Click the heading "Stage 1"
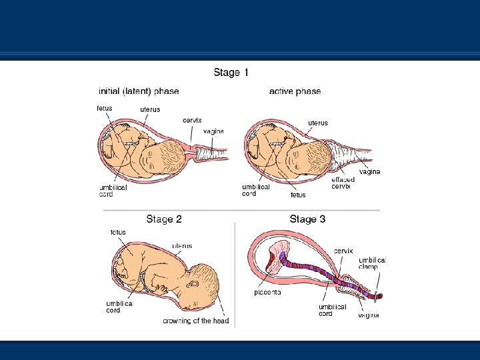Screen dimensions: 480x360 231,72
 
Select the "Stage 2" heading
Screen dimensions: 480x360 164,219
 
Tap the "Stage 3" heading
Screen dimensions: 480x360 307,219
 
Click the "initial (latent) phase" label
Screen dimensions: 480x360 139,91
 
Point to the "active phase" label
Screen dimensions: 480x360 295,91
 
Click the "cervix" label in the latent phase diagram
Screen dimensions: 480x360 192,120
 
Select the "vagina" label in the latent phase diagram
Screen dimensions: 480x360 213,131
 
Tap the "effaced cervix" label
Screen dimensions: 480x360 341,183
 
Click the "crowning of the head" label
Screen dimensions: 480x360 196,321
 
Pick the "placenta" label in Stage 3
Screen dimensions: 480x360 267,292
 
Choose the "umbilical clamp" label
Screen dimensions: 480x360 372,263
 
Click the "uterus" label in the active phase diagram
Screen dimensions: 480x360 317,122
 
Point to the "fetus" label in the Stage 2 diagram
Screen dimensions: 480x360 117,232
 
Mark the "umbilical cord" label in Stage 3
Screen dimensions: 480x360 332,310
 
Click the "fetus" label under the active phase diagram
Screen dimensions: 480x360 298,195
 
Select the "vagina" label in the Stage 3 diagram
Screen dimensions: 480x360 367,315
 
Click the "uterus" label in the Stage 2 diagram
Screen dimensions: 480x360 182,245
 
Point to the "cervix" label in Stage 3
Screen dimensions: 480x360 343,251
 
